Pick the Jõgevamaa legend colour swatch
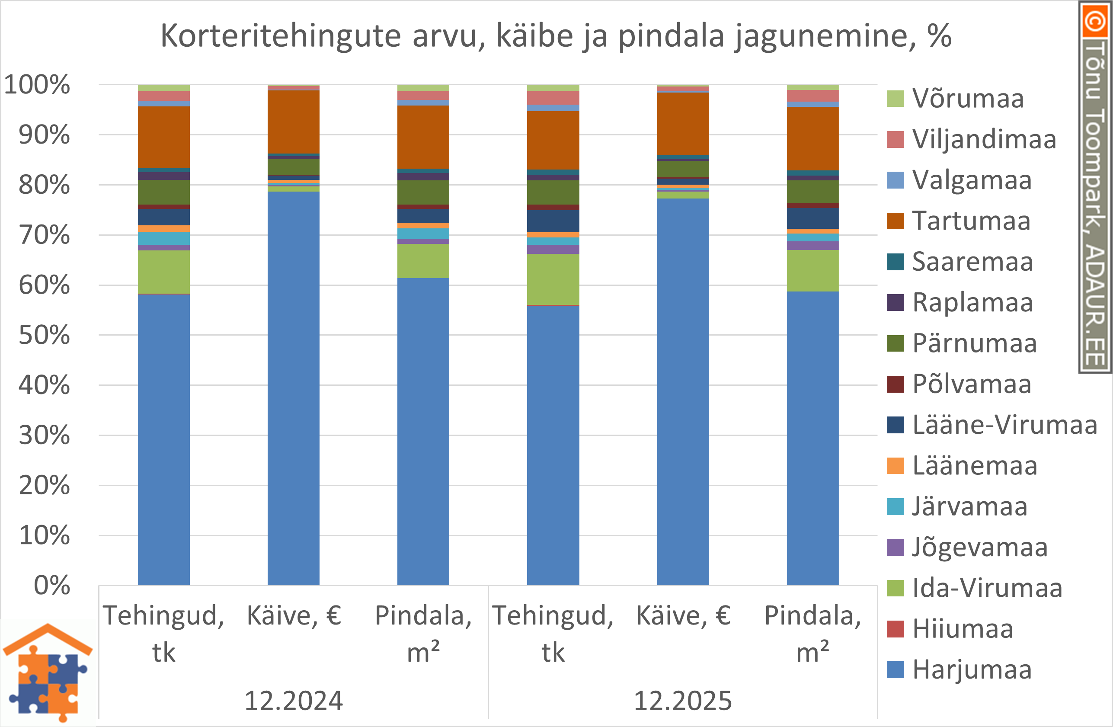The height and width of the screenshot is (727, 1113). click(896, 548)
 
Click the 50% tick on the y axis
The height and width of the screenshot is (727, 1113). click(45, 336)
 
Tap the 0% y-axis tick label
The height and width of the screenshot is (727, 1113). click(52, 585)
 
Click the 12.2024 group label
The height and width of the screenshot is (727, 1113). click(294, 701)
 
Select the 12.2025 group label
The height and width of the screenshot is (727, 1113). click(683, 701)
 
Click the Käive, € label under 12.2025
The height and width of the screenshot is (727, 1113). click(683, 616)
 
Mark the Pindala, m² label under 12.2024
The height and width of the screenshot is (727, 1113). click(423, 634)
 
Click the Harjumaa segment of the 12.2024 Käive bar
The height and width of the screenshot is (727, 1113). click(294, 388)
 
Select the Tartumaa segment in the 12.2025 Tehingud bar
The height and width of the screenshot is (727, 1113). click(553, 141)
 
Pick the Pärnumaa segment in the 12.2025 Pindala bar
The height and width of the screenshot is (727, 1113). click(812, 192)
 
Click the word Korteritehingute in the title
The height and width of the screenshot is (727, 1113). click(281, 35)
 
